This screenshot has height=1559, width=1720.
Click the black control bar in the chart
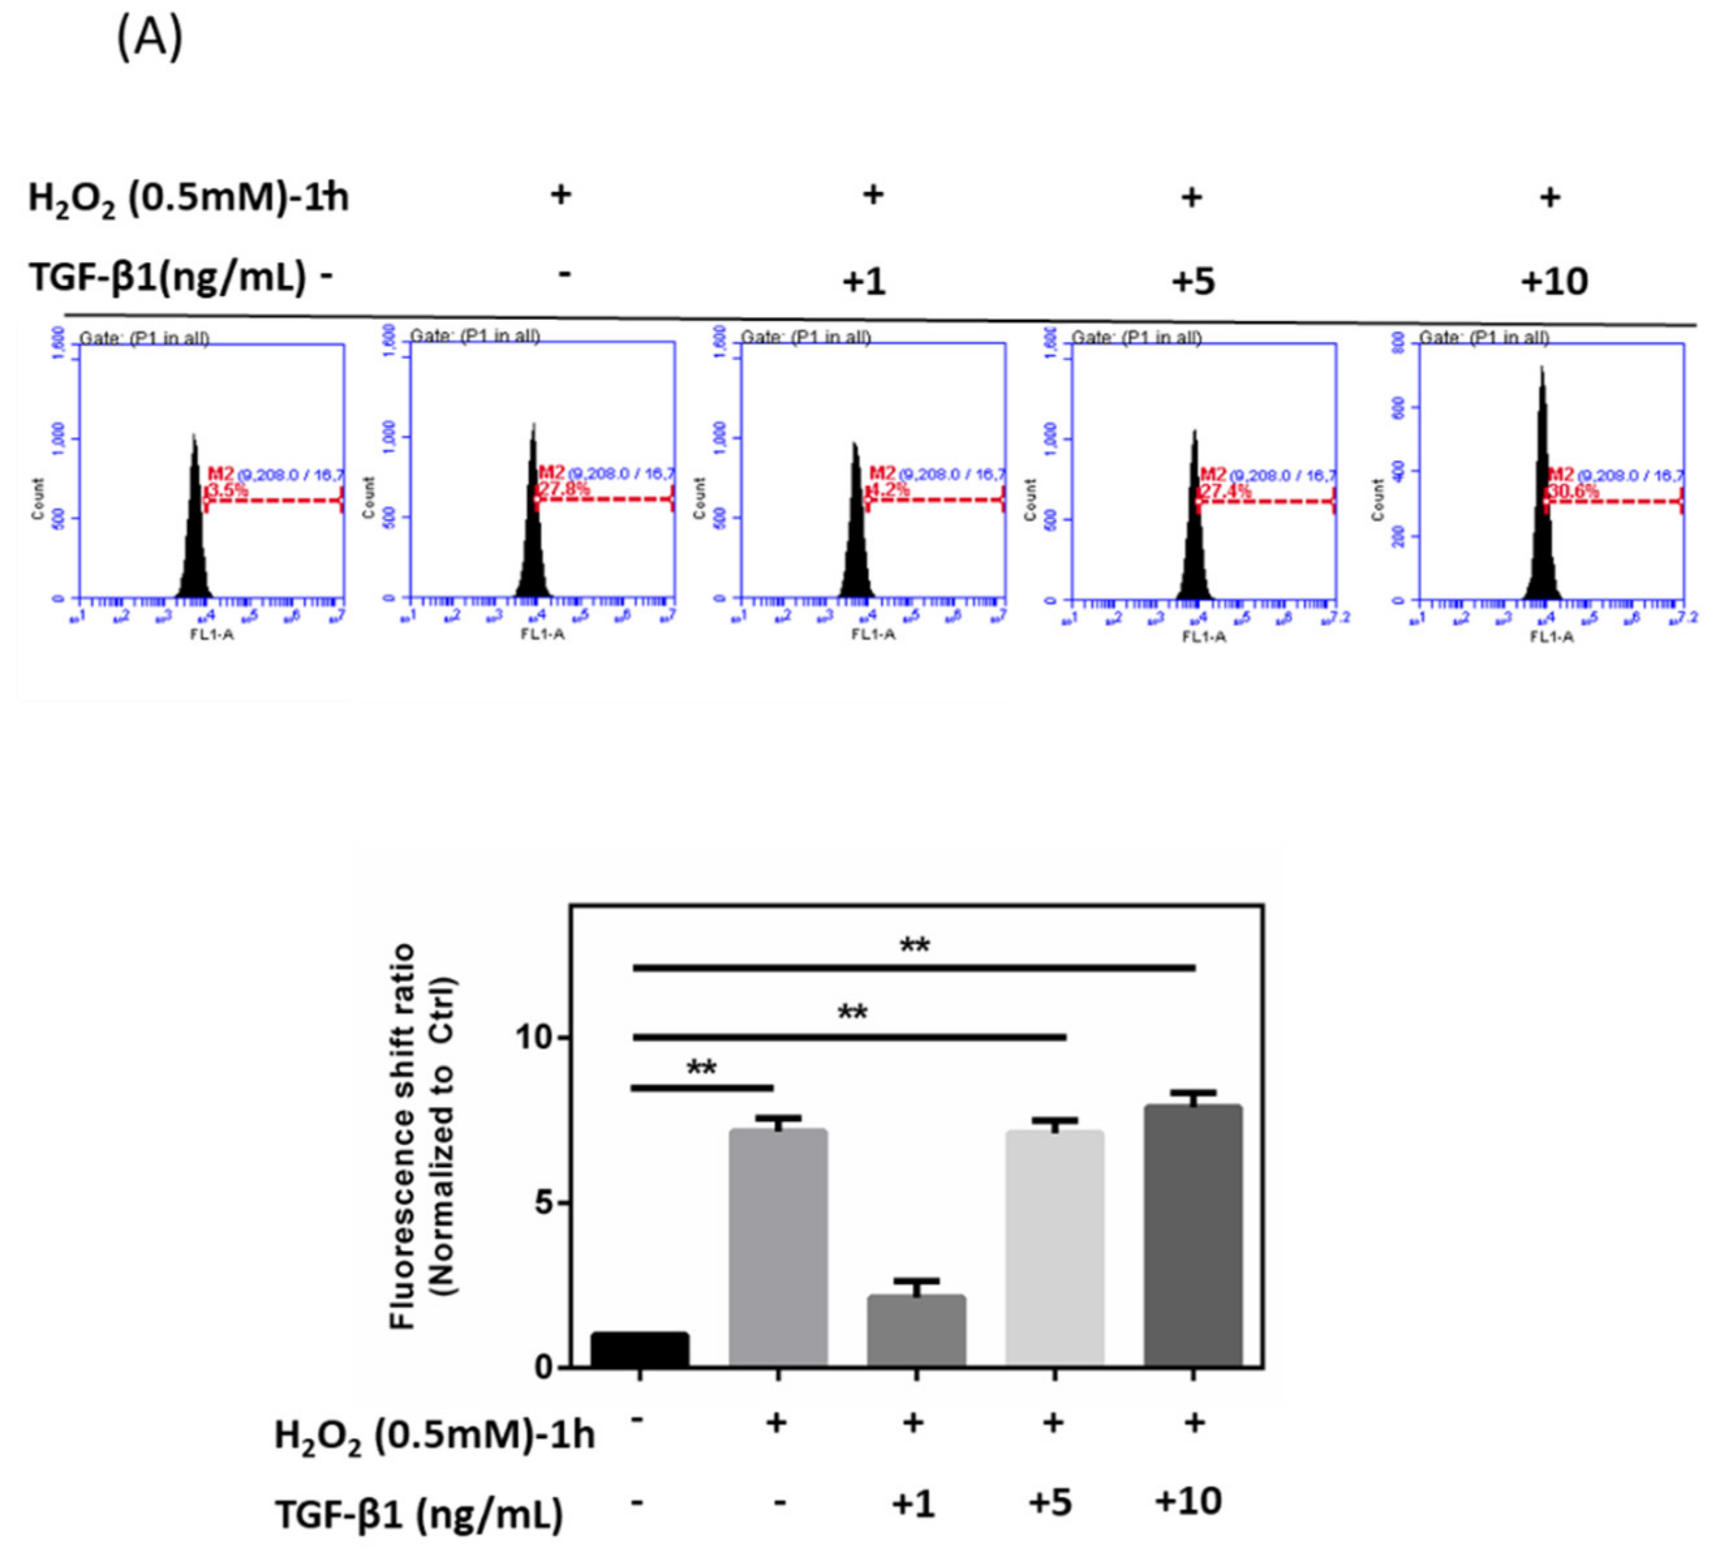640,1349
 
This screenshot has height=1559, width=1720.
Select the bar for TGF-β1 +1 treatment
915,1331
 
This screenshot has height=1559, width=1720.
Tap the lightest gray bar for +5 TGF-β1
1055,1250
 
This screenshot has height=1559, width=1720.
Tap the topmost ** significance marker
915,946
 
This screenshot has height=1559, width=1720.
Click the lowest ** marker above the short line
701,1068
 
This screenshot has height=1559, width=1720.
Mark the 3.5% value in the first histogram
227,491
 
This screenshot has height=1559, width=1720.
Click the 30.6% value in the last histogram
1573,491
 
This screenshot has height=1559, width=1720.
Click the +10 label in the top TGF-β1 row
1554,281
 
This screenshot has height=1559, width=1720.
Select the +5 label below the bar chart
1050,1502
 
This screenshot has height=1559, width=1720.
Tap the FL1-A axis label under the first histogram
212,634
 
